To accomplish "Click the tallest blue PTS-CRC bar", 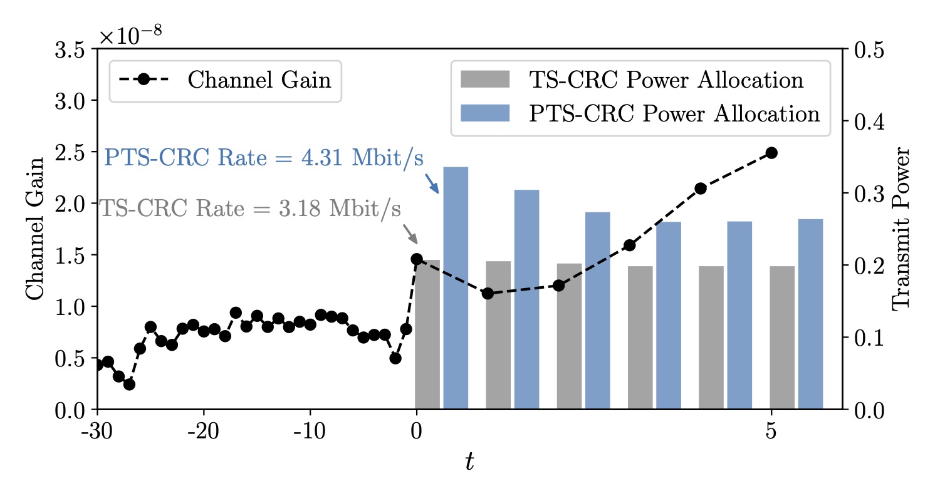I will [x=456, y=288].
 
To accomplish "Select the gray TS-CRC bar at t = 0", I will [x=427, y=334].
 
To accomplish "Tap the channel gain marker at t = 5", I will [x=771, y=153].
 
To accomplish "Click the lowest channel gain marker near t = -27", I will [x=129, y=384].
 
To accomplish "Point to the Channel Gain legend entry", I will [x=226, y=80].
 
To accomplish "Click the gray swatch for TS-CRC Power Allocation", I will [x=485, y=80].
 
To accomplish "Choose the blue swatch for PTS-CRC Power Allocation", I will [x=485, y=113].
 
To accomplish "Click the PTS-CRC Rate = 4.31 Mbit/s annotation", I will [x=263, y=157].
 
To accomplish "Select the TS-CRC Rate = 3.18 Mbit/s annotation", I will [x=250, y=209].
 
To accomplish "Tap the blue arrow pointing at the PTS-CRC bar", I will [x=432, y=183].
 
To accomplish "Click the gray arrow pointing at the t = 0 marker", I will [x=410, y=234].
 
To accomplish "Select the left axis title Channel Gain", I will [x=34, y=228].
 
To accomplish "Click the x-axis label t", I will [x=469, y=462].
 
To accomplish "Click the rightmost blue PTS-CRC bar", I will [x=810, y=314].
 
